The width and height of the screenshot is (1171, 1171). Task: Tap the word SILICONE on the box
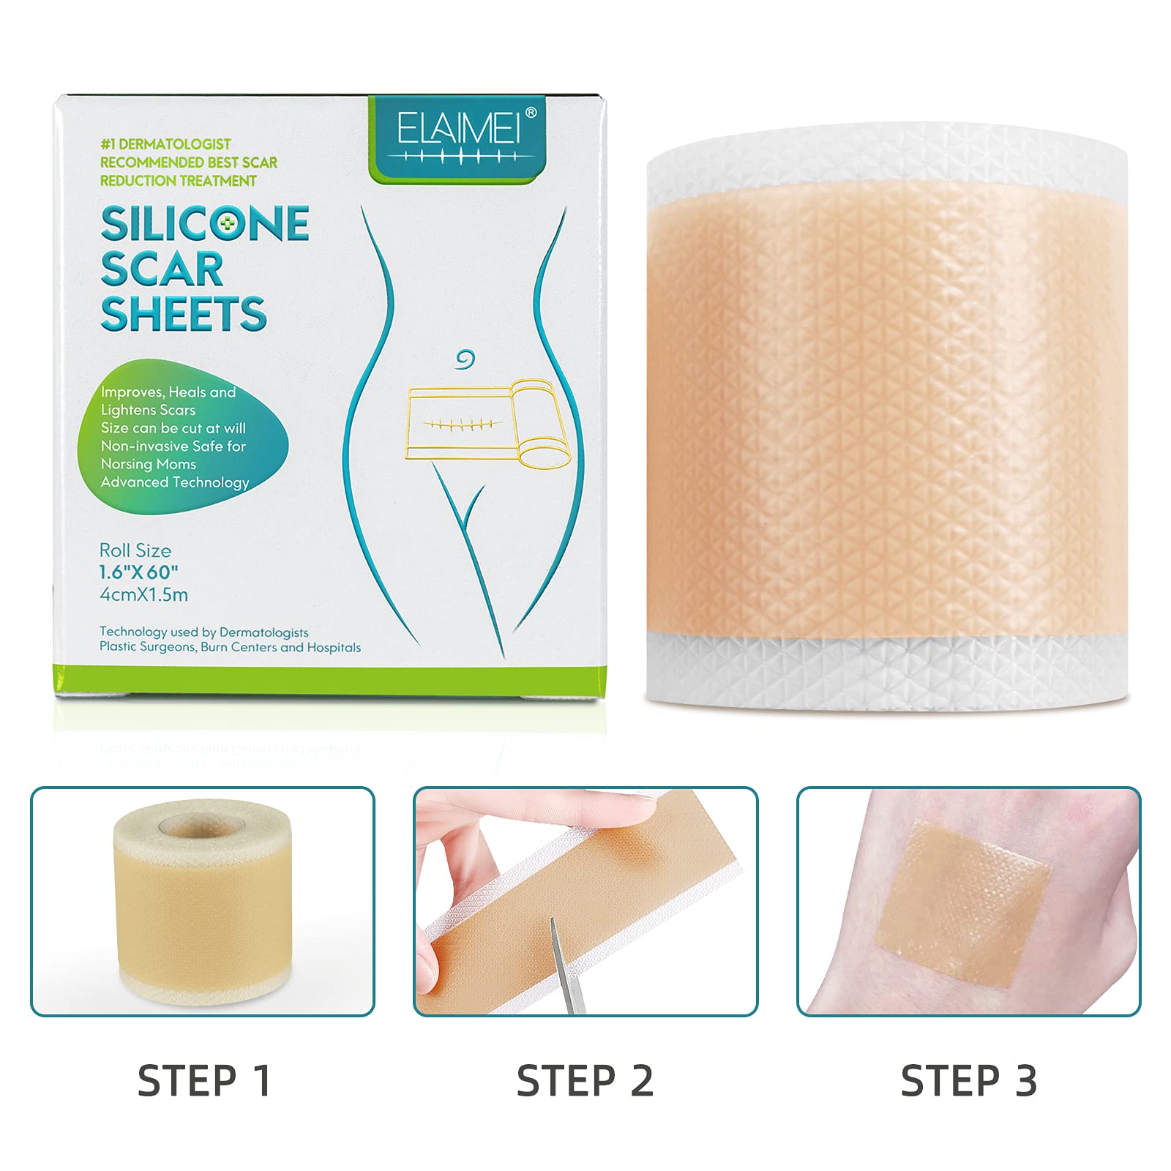tap(205, 224)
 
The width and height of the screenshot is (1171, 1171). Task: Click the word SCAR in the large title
tap(162, 269)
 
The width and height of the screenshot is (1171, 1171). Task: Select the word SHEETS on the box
tap(184, 315)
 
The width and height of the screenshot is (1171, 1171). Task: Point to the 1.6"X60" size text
tap(139, 572)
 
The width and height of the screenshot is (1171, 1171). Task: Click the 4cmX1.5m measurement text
tap(143, 595)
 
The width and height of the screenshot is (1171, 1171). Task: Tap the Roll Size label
tap(135, 550)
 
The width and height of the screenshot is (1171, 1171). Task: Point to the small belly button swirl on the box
tap(465, 359)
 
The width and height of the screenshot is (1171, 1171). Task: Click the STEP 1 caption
tap(204, 1081)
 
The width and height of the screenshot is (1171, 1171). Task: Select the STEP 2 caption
tap(585, 1081)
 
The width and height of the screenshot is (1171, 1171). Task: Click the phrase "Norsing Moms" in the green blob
tap(149, 464)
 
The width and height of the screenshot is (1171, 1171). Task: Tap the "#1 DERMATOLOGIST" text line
tap(165, 144)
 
